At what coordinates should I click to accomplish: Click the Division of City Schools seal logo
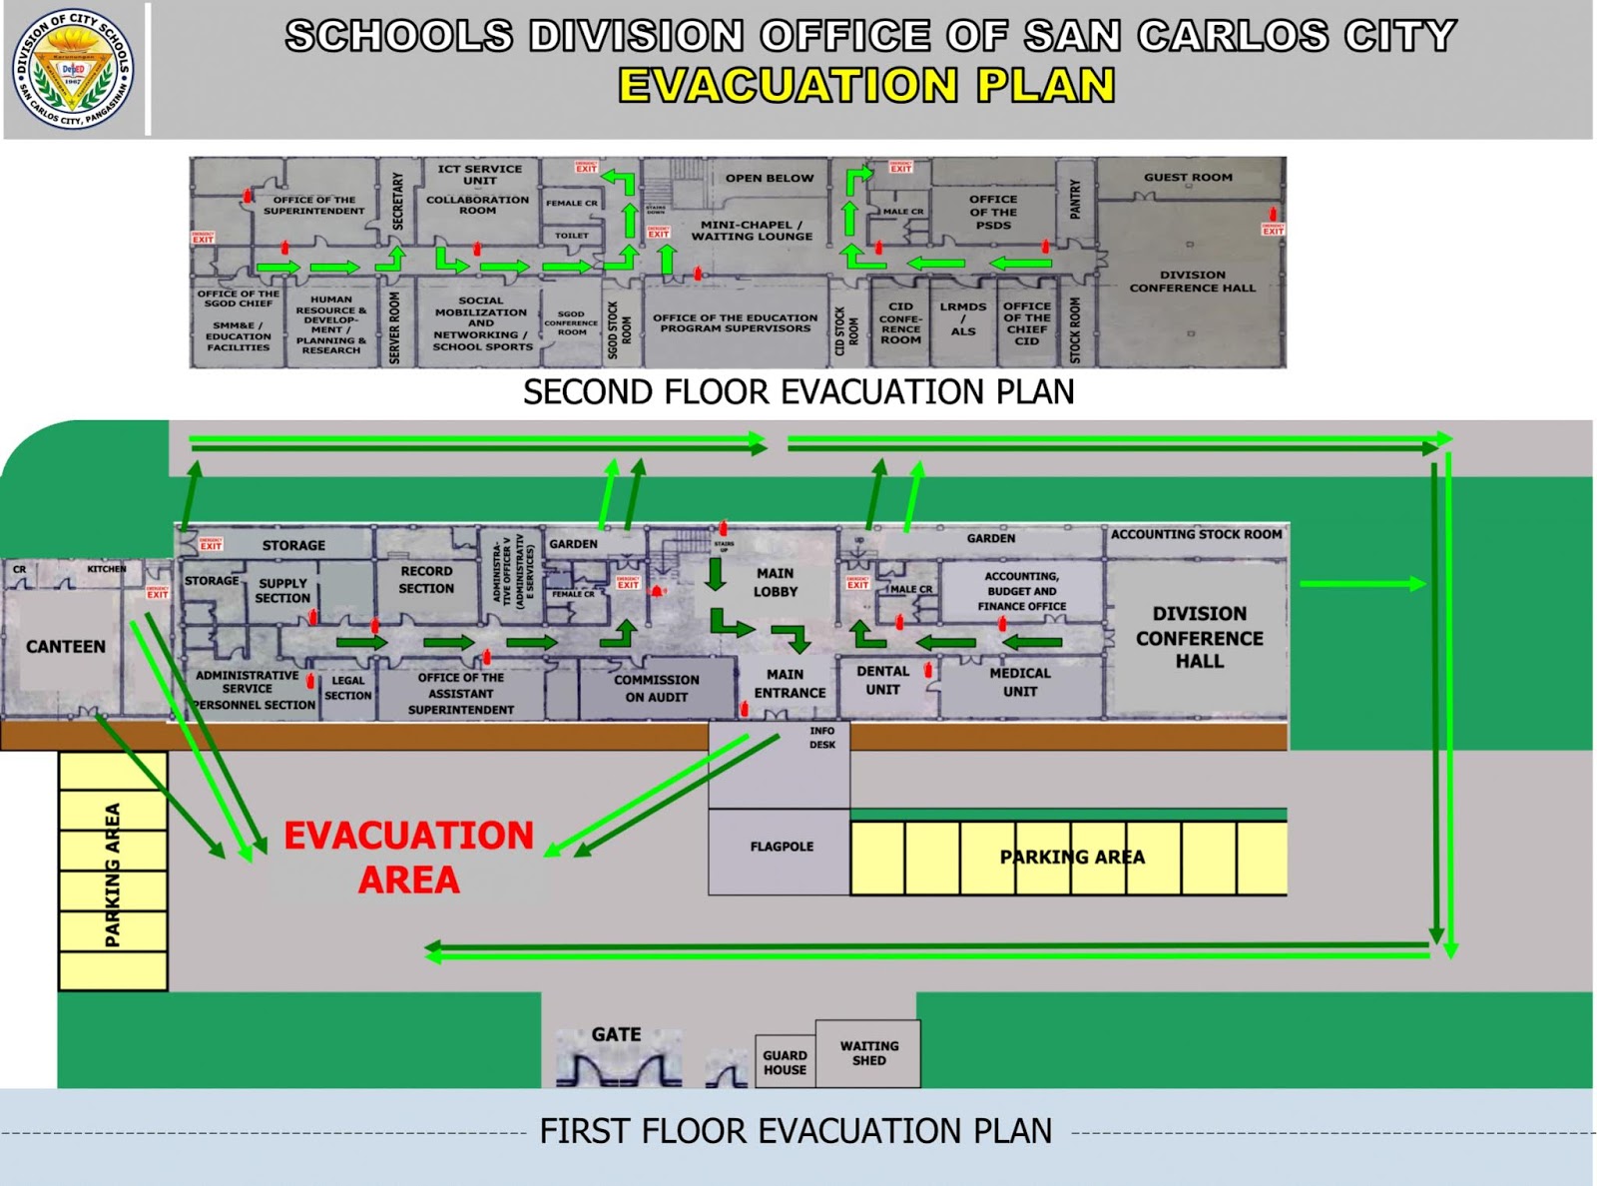click(72, 69)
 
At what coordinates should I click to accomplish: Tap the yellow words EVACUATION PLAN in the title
click(866, 86)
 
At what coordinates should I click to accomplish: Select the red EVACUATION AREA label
click(408, 858)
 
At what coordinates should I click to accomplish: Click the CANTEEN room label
click(66, 647)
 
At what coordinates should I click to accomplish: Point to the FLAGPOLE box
click(782, 847)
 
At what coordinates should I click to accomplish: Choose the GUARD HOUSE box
click(785, 1062)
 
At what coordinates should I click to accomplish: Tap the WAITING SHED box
click(868, 1053)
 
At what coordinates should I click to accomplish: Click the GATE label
click(616, 1035)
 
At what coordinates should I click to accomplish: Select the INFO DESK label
click(822, 738)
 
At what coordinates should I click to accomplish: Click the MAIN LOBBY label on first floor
click(776, 582)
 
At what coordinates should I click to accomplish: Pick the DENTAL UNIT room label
click(882, 681)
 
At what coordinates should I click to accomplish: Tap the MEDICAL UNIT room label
click(1020, 682)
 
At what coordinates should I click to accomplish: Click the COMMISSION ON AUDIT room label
click(656, 688)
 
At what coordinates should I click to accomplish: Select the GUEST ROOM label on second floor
click(1188, 178)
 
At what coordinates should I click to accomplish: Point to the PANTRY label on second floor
click(1075, 199)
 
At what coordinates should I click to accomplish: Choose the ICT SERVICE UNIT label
click(479, 175)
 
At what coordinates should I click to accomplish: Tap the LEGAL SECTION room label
click(348, 688)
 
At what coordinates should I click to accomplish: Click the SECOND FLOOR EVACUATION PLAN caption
click(798, 392)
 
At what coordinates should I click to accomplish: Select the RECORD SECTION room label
click(426, 580)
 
